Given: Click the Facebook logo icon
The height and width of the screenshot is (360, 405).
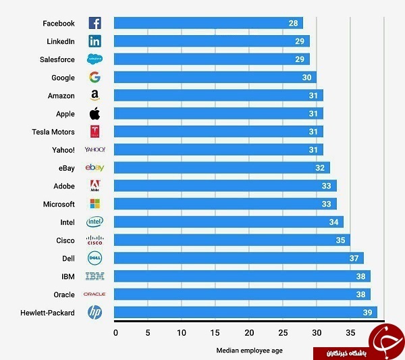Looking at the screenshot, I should click(94, 23).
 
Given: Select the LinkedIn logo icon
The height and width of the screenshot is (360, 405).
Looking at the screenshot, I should click(94, 41).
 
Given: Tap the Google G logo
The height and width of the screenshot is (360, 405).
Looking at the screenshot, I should click(94, 78).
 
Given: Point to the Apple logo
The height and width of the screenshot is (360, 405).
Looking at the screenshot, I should click(94, 113).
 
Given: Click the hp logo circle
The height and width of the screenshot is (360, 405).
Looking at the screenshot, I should click(94, 312).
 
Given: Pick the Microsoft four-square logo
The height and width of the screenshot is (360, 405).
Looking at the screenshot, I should click(94, 203).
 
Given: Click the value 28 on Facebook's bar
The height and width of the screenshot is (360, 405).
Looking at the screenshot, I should click(293, 24).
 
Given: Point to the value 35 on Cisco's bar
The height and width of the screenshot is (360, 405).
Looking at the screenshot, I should click(340, 240).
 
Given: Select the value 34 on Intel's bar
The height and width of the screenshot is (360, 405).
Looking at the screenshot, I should click(333, 222).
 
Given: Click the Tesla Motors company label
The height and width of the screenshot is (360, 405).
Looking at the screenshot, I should click(53, 132).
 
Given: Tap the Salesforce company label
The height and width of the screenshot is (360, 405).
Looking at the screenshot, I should click(57, 59).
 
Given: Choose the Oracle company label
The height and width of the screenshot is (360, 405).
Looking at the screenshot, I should click(64, 294).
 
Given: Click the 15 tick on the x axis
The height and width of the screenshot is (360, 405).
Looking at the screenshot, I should click(215, 332).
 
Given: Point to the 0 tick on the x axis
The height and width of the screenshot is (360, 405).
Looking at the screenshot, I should click(115, 332).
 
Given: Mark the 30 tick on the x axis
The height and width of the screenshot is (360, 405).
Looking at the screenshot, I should click(317, 332).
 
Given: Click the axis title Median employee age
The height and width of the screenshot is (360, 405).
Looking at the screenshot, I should click(249, 351).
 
